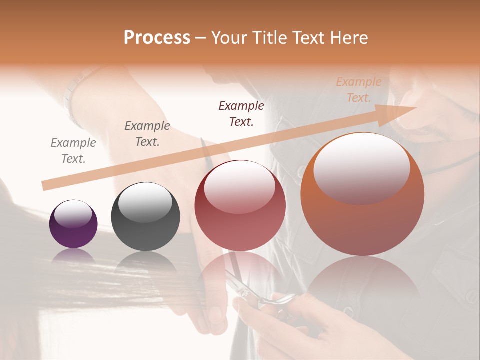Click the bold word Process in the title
(x=157, y=38)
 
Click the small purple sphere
(x=73, y=224)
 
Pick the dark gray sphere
(x=145, y=217)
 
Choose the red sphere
(x=240, y=205)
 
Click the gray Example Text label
(x=73, y=151)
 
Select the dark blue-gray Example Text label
(x=147, y=134)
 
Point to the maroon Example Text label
(x=241, y=114)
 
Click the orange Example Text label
(x=359, y=90)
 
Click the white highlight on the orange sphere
(x=362, y=166)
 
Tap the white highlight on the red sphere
(x=239, y=186)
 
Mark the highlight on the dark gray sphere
(x=145, y=202)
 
